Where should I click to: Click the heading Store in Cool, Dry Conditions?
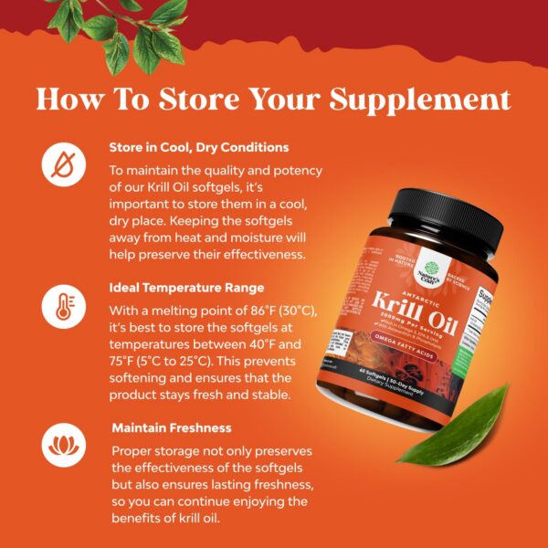click(x=198, y=147)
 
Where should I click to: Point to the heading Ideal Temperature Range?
click(x=186, y=288)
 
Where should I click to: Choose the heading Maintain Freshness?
click(x=173, y=427)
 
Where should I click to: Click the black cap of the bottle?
click(x=446, y=219)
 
